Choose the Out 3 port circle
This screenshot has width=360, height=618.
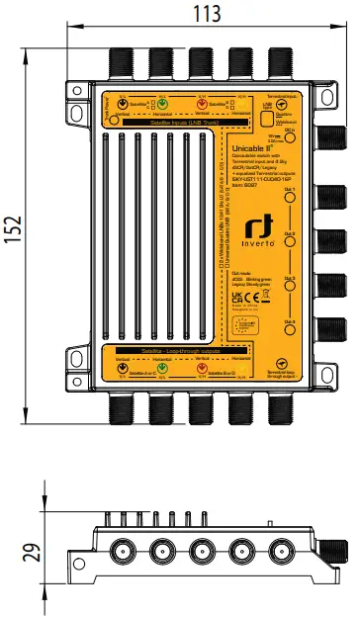click(289, 251)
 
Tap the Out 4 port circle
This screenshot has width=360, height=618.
click(289, 307)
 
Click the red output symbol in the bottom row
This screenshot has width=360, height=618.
click(204, 369)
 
